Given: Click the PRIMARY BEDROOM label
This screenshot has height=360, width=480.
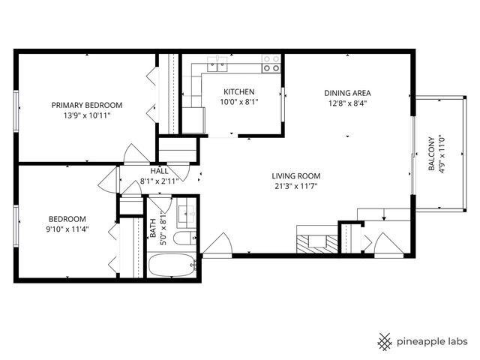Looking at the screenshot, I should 86,105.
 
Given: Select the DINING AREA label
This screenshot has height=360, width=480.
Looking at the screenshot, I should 347,93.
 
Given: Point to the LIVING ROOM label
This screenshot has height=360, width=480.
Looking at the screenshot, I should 295,175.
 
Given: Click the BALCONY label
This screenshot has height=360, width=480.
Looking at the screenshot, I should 431,154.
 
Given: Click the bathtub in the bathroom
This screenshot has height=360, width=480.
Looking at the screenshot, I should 172,265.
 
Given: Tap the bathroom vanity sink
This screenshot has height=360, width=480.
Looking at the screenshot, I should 187,214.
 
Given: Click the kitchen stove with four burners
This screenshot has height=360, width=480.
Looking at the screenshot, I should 271,64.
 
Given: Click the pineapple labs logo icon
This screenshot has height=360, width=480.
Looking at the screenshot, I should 385,341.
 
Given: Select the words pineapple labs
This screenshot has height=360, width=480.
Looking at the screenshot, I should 433,342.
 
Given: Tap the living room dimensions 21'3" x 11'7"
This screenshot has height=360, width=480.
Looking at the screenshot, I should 295,186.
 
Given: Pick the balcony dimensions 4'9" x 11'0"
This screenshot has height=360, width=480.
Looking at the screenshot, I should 442,154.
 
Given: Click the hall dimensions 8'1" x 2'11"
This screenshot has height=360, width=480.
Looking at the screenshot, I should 162,181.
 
